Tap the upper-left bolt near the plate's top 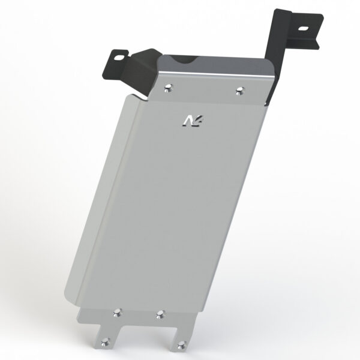pos(169,88)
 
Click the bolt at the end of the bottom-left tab pos(105,342)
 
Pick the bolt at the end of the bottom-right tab pos(181,345)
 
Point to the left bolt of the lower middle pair pos(118,313)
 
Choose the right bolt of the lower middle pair pos(160,314)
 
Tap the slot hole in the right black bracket pos(303,29)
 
